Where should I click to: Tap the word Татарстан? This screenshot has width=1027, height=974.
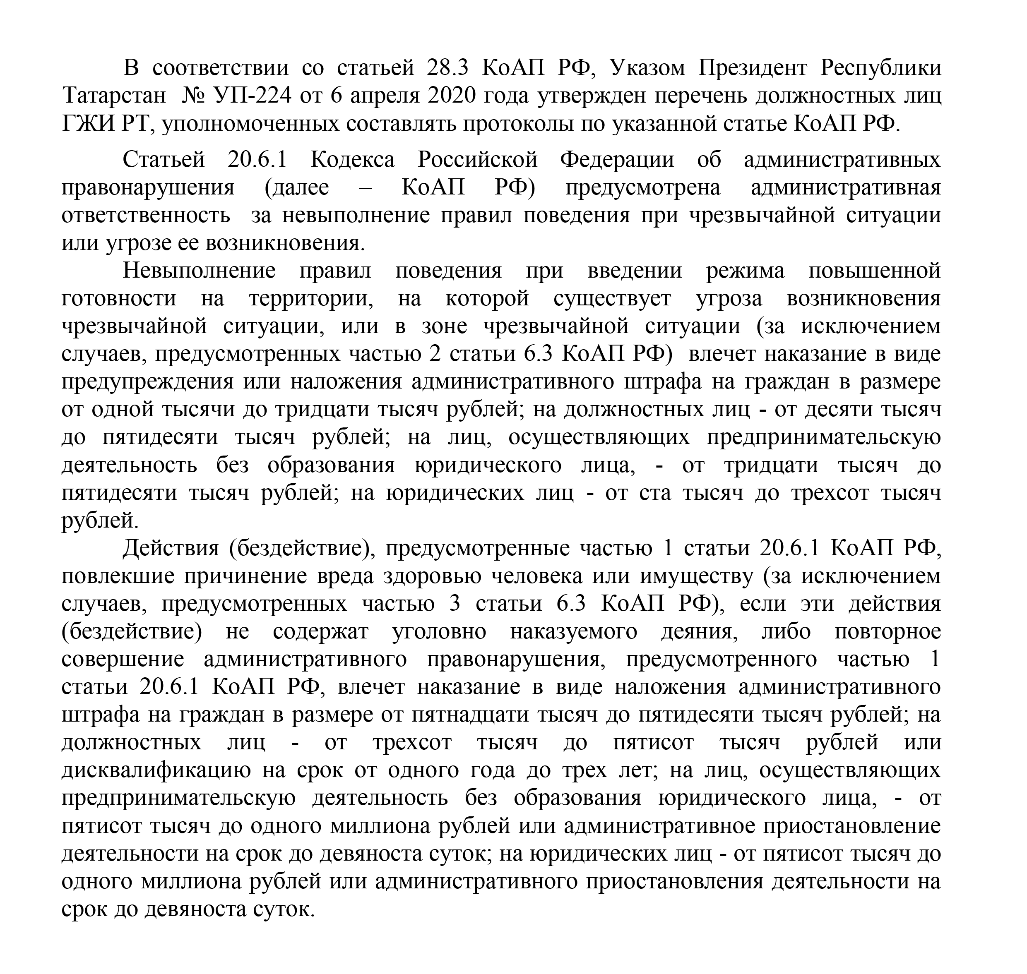(x=114, y=96)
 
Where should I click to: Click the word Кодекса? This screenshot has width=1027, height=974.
(x=353, y=159)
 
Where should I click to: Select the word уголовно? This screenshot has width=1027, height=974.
(x=439, y=631)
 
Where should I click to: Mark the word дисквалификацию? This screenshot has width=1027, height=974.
(x=156, y=770)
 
